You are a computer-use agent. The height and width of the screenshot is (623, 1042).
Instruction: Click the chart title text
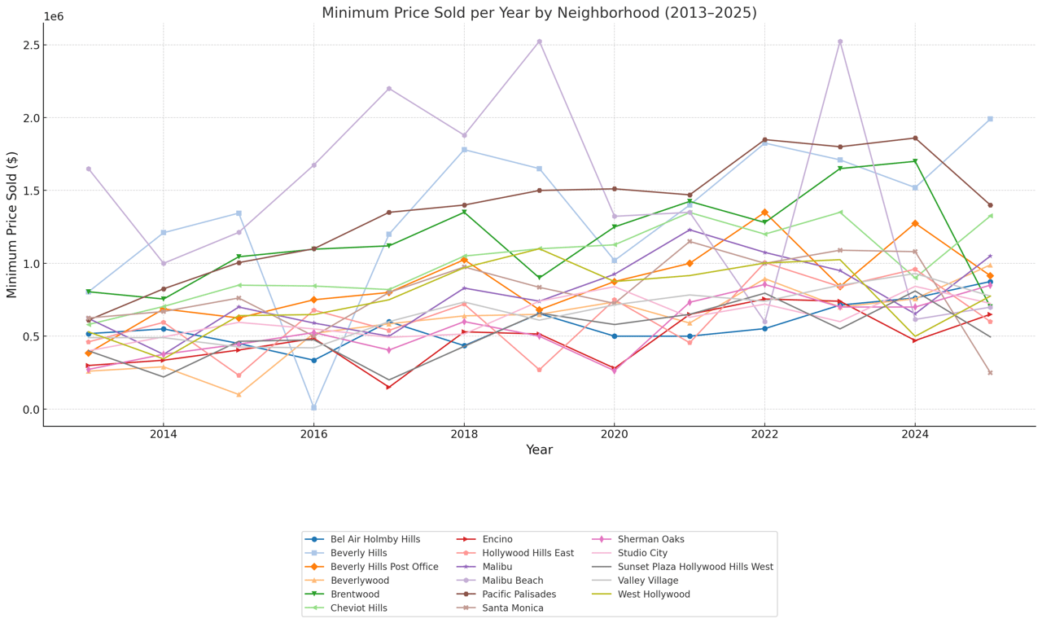click(539, 13)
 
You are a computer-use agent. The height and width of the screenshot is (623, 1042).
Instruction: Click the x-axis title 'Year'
click(539, 450)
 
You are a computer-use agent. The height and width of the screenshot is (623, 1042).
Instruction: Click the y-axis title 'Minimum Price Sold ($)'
click(12, 224)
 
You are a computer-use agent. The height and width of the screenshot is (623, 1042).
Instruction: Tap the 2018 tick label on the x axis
click(464, 433)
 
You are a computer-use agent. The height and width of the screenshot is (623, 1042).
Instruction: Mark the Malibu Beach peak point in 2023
click(840, 42)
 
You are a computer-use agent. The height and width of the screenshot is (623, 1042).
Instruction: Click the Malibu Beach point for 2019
click(539, 42)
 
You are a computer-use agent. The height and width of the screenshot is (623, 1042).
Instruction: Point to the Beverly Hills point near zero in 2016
click(313, 407)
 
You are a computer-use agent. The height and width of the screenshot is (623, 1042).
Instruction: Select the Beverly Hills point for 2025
click(990, 119)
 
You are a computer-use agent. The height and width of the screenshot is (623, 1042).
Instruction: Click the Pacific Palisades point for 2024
click(915, 138)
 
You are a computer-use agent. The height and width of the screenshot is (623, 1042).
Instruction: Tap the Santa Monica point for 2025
click(990, 373)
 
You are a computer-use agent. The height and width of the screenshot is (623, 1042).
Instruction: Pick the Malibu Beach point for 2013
click(88, 169)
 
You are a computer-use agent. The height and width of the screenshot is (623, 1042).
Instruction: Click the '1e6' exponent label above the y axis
click(54, 17)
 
